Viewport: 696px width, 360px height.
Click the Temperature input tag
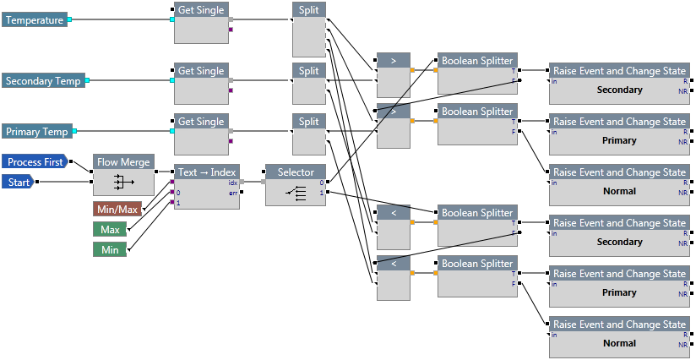[35, 19]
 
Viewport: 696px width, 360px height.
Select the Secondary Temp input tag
[43, 81]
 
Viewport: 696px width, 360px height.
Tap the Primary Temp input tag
[37, 131]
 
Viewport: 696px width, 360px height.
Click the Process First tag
[35, 161]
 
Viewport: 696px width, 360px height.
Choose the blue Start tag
[18, 181]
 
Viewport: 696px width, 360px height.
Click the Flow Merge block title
[123, 162]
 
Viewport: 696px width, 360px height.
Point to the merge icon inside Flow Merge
[123, 182]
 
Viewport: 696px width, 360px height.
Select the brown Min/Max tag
[117, 208]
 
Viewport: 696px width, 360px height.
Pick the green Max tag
[109, 229]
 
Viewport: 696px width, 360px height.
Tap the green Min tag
[109, 249]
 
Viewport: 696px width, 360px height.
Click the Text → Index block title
[206, 172]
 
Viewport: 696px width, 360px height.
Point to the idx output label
[232, 183]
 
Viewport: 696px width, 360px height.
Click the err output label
[232, 193]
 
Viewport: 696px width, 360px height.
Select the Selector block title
[296, 172]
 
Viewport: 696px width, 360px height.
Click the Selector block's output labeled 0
[321, 183]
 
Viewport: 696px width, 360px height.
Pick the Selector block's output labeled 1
[321, 193]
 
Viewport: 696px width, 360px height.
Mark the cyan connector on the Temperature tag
[70, 19]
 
